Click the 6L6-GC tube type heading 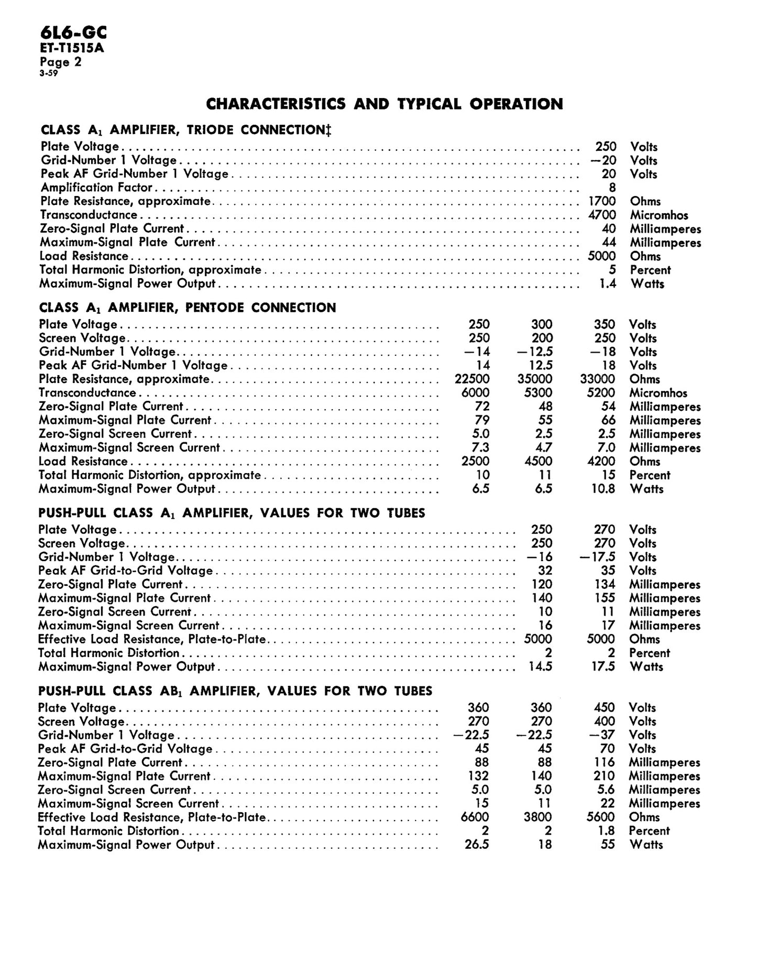tap(73, 34)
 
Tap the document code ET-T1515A tap(71, 49)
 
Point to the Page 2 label tap(60, 62)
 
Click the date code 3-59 tap(48, 73)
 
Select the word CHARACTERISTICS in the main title tap(276, 104)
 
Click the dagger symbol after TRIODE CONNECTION tap(328, 129)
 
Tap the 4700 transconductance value tap(602, 215)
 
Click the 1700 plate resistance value tap(602, 201)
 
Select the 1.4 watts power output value tap(608, 283)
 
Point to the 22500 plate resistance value tap(471, 379)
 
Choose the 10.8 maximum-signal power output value tap(603, 489)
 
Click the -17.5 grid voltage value tap(598, 557)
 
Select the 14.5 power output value tap(541, 666)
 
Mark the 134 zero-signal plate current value tap(604, 584)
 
